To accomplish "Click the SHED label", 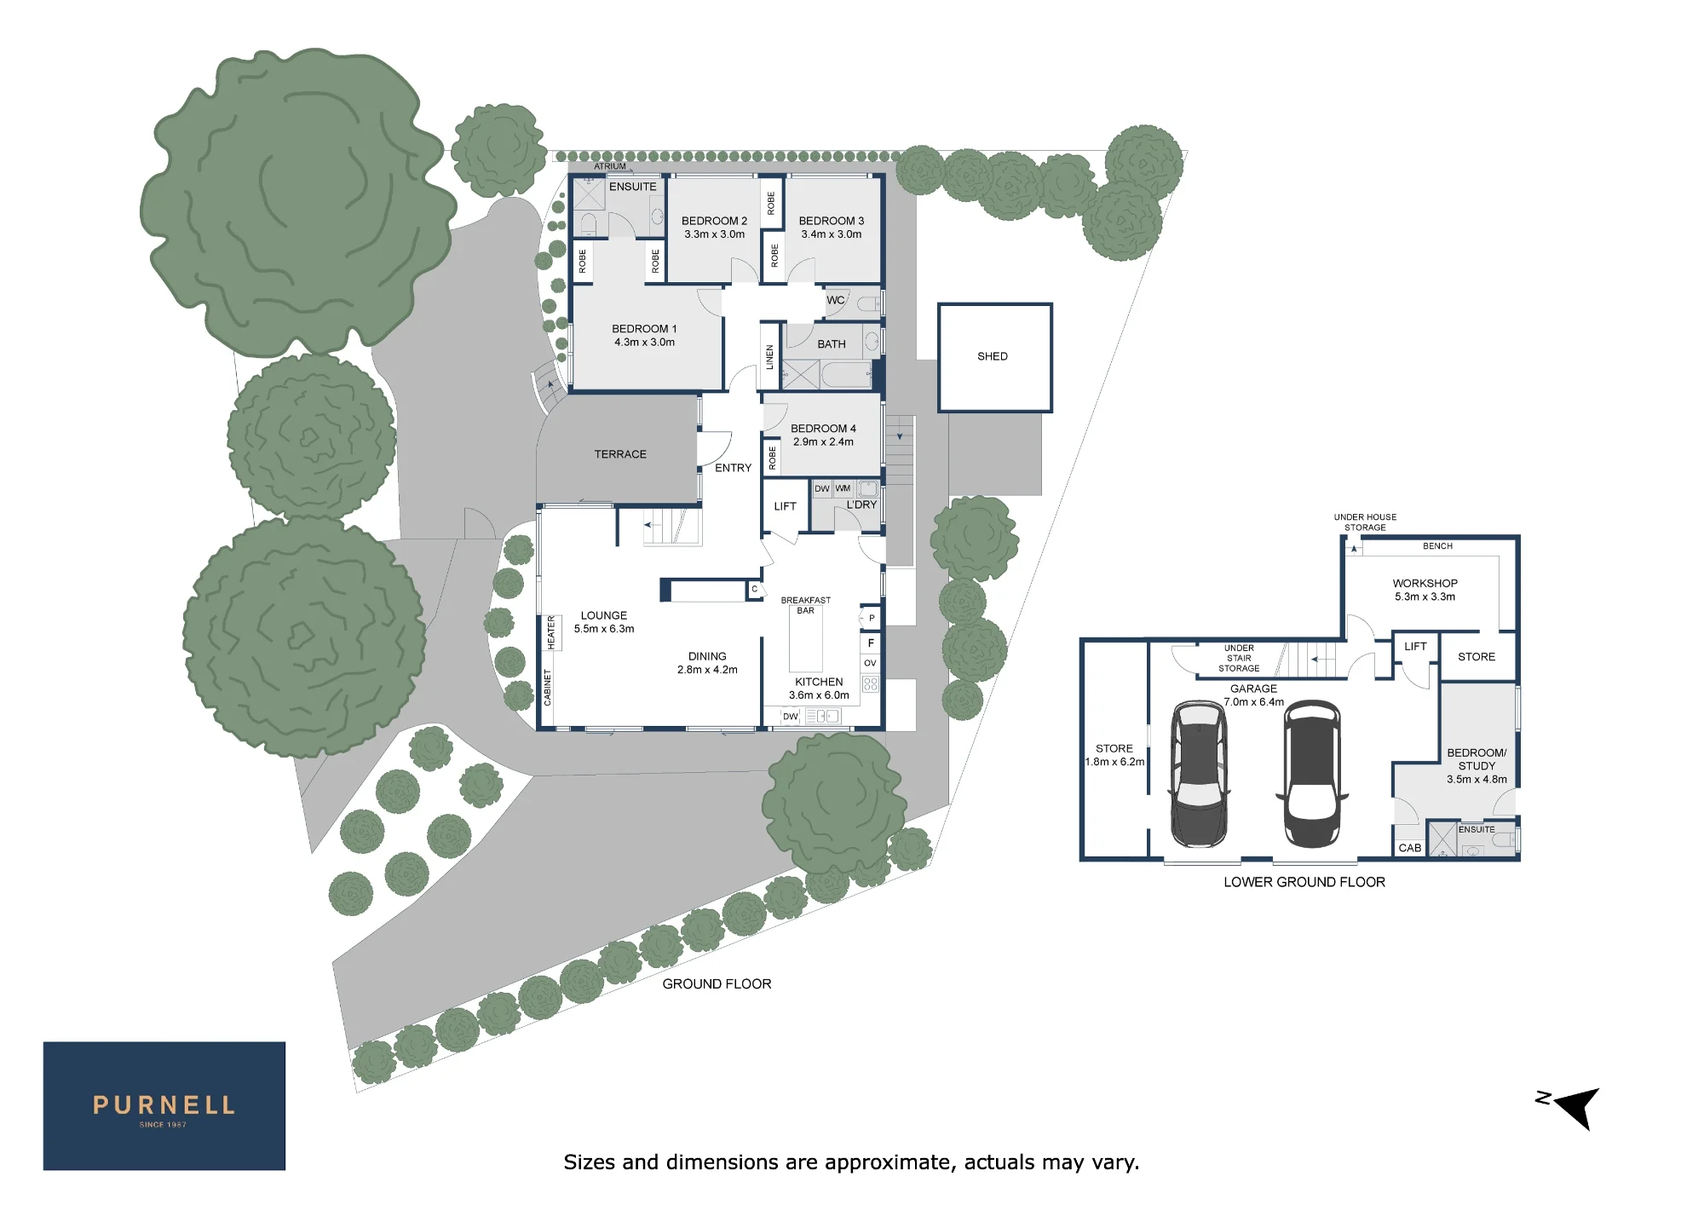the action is (x=993, y=356).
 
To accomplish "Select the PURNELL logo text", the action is (x=164, y=1105).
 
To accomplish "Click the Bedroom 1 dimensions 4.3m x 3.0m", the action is (x=645, y=343).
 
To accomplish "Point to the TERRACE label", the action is (x=620, y=454).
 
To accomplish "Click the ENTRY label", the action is (x=734, y=468).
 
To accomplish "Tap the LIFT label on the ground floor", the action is (x=785, y=506).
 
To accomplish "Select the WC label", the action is (x=836, y=300).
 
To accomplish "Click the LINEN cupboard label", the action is (x=770, y=357).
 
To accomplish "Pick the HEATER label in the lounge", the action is (x=551, y=633).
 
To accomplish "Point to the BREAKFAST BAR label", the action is (x=806, y=605).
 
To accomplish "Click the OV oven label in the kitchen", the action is (x=870, y=663).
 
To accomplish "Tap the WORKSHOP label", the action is (x=1425, y=584).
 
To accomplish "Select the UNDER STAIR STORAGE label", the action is (x=1239, y=658).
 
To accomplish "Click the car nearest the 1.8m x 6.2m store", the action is (x=1199, y=773).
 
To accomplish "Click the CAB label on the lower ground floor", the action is (x=1410, y=848).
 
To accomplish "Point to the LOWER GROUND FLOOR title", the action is (x=1304, y=882).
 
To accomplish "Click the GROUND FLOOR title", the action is (x=717, y=983).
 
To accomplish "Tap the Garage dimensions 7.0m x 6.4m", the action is (x=1254, y=702).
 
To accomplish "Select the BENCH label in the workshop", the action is (x=1437, y=546).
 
